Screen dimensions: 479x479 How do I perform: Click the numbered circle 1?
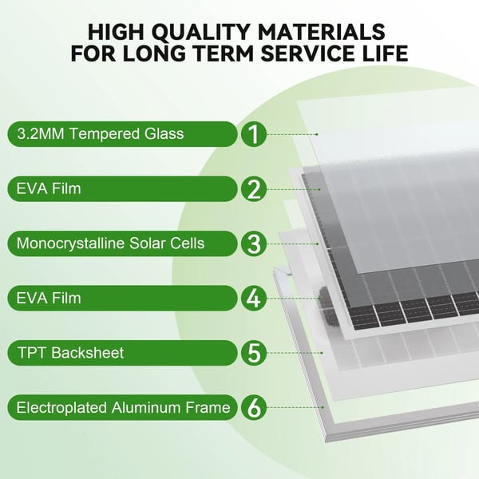tap(254, 134)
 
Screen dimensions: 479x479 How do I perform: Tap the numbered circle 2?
tap(254, 188)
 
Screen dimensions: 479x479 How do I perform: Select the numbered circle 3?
tap(254, 243)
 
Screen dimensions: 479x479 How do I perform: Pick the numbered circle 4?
tap(254, 298)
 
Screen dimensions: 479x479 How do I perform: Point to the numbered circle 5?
tap(254, 353)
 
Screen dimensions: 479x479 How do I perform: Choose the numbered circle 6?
tap(254, 407)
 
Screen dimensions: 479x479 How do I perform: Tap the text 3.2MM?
tap(41, 134)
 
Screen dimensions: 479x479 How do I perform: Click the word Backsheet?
tap(87, 353)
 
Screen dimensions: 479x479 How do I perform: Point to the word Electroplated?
tap(61, 408)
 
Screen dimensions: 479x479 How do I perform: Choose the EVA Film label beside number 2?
tap(49, 188)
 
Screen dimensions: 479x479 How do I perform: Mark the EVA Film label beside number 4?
tap(49, 298)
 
